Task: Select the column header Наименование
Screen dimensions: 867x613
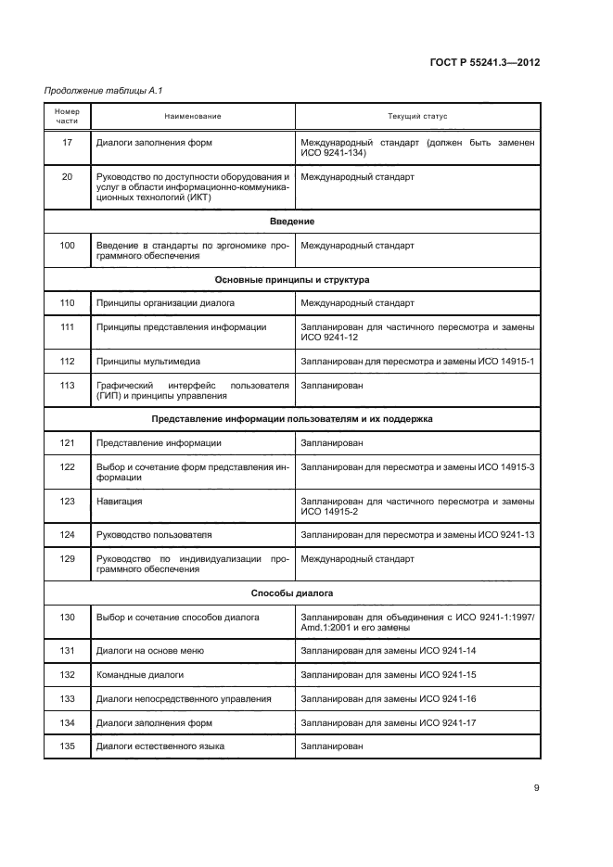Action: pos(193,116)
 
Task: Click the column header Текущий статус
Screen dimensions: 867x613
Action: pos(417,116)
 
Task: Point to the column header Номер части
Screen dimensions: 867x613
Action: pos(67,116)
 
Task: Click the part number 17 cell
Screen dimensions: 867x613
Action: pos(67,143)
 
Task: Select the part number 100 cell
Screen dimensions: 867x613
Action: pos(67,246)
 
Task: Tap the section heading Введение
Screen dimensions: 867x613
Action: pos(292,222)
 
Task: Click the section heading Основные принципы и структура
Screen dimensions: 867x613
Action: pos(292,279)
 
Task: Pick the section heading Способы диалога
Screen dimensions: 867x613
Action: pos(292,592)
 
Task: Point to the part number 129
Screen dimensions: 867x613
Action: pos(67,559)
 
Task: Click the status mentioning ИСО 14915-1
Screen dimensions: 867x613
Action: pos(417,361)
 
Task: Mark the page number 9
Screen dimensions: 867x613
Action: pos(536,788)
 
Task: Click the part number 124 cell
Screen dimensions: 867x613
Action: pos(67,535)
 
